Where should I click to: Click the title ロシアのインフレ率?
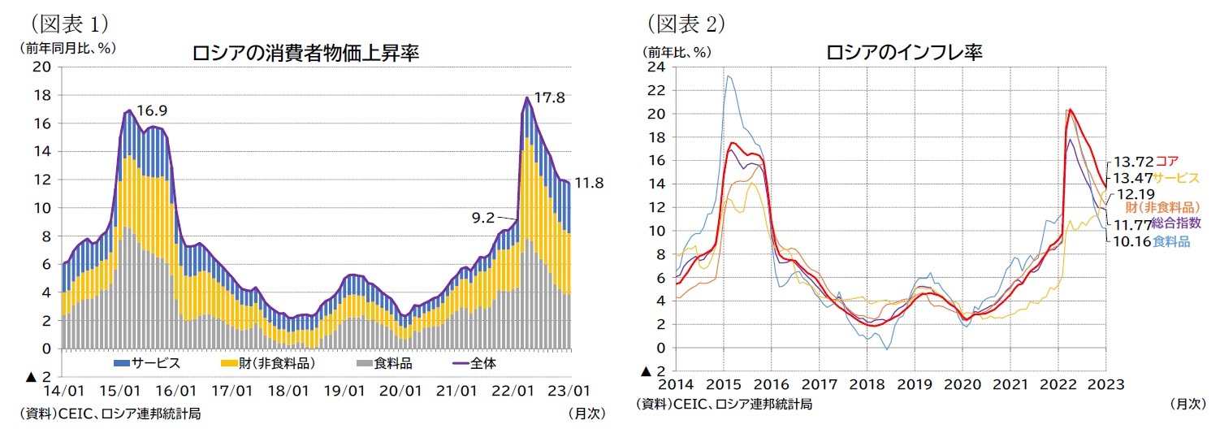pos(904,53)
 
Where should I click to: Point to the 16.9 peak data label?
pos(153,110)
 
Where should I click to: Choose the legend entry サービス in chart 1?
pos(147,363)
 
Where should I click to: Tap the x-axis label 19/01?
pos(344,392)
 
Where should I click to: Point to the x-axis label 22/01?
pos(514,392)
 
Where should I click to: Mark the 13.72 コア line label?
pos(1143,162)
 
